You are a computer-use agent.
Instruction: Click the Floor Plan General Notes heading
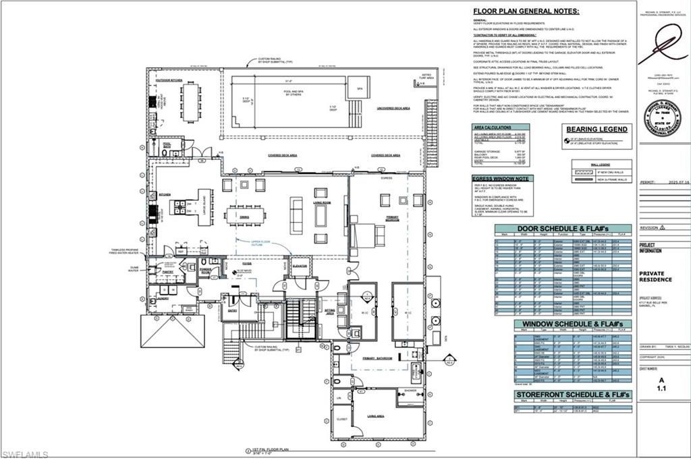click(526, 11)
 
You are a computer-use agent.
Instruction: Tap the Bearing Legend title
click(597, 129)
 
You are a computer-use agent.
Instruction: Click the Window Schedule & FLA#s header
click(572, 324)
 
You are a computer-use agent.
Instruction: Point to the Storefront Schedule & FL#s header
click(572, 394)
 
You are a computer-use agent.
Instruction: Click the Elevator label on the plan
click(300, 266)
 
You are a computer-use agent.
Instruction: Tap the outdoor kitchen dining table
click(190, 102)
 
